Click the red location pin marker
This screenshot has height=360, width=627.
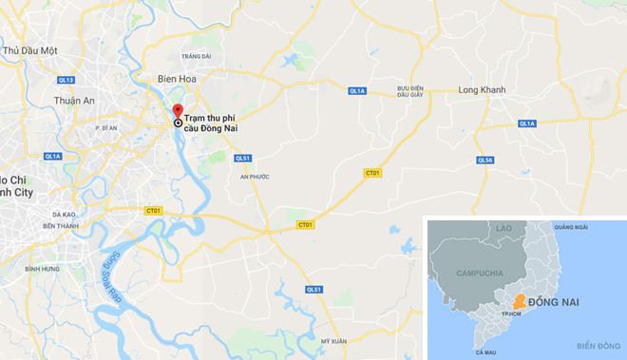(x=178, y=109)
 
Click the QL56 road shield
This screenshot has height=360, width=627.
(x=484, y=160)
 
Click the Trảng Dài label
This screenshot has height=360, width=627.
(x=199, y=56)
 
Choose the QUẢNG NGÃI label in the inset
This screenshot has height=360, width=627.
(x=574, y=226)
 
